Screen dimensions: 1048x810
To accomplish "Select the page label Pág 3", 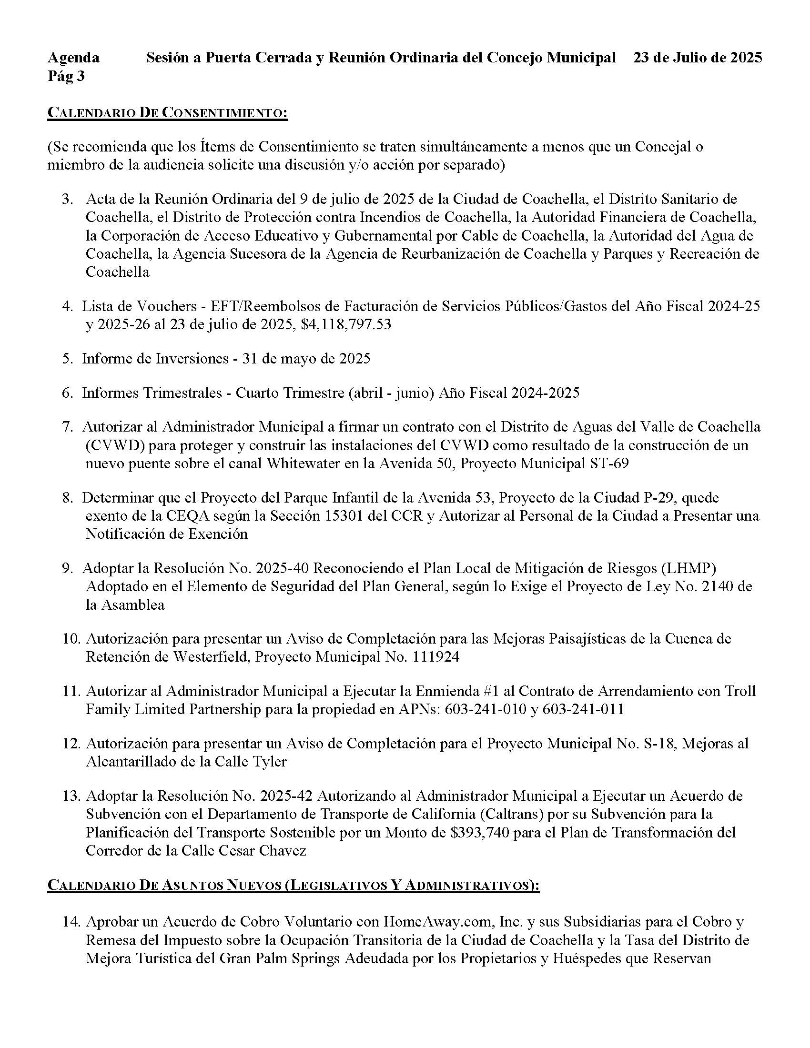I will pyautogui.click(x=66, y=76).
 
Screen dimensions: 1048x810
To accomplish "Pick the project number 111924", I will pyautogui.click(x=435, y=656).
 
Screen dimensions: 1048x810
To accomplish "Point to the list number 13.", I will pyautogui.click(x=71, y=796).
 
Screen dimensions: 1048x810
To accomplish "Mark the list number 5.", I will pyautogui.click(x=67, y=358).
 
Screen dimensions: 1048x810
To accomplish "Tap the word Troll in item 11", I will pyautogui.click(x=739, y=691).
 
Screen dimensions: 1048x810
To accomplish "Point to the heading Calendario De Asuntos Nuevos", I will pyautogui.click(x=293, y=886).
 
